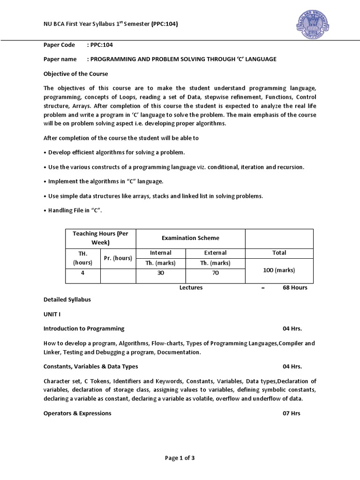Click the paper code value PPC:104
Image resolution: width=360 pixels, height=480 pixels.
coord(102,45)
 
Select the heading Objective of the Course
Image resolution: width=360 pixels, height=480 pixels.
coord(75,74)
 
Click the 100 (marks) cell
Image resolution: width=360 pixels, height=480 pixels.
coord(279,270)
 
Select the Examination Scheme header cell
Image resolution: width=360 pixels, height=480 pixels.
coord(190,238)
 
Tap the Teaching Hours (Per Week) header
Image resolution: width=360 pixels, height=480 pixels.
coord(100,238)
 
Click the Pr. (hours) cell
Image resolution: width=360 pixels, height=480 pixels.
coord(118,258)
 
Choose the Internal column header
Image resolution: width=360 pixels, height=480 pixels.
coord(161,253)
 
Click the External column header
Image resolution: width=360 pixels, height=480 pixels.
coord(215,253)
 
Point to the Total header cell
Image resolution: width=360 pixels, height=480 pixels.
coord(279,253)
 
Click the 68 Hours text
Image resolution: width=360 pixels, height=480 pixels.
coord(295,287)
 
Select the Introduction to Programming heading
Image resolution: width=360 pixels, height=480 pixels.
coord(84,328)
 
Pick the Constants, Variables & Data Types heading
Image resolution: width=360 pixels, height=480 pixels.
coord(90,366)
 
